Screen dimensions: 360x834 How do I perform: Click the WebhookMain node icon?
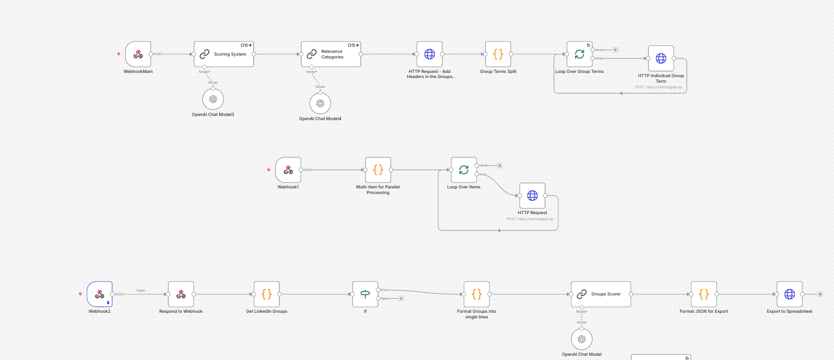[138, 54]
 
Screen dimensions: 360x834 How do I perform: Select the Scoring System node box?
[223, 54]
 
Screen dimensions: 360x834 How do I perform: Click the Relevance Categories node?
[331, 54]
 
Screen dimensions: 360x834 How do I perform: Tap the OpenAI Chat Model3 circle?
[213, 99]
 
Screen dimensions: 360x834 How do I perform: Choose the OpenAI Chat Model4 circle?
[320, 103]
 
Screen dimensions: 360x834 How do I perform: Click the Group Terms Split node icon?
[498, 54]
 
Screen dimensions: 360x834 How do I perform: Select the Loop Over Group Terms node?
[579, 54]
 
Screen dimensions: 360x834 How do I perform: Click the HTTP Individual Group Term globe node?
[661, 58]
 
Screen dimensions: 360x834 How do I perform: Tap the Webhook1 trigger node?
[288, 170]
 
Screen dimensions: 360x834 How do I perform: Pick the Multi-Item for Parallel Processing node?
[378, 170]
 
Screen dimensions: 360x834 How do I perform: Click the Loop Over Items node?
[463, 170]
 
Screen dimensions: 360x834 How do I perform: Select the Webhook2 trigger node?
[100, 294]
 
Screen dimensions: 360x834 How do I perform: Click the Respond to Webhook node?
[181, 294]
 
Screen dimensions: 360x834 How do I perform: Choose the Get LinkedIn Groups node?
[266, 294]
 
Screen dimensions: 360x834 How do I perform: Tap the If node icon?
[365, 294]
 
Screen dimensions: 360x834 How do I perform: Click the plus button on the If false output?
[401, 298]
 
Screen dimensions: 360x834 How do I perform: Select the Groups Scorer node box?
[601, 294]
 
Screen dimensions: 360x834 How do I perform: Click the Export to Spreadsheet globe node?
[790, 294]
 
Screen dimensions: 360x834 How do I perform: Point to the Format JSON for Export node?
[704, 294]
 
